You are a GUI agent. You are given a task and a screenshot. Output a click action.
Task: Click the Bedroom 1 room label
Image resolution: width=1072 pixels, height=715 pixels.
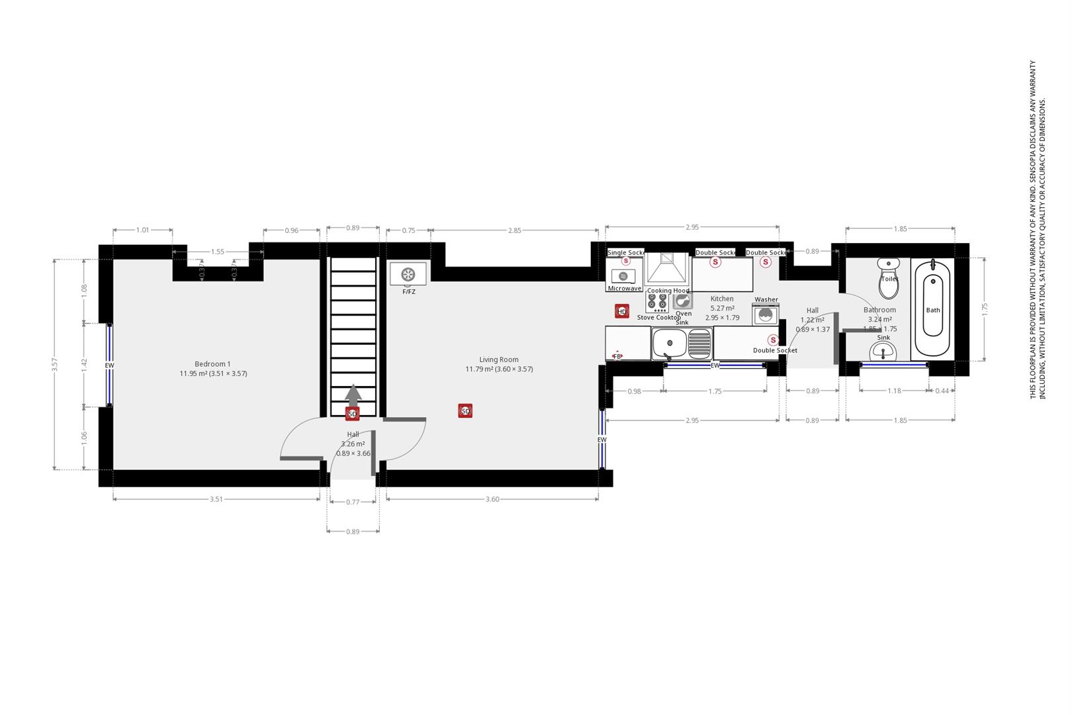[x=212, y=364]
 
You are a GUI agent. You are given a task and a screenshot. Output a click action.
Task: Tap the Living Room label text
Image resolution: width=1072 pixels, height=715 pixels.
[x=499, y=359]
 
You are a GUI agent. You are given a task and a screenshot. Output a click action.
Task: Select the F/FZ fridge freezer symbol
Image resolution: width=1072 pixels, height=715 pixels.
[x=408, y=273]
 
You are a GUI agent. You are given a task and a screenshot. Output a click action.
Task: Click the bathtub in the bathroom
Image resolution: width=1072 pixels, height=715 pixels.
[x=932, y=309]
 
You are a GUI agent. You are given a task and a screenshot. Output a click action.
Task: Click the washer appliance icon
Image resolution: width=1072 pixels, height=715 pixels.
[x=766, y=314]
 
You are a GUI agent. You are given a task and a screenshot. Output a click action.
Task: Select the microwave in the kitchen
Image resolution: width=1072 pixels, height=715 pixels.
[x=623, y=275]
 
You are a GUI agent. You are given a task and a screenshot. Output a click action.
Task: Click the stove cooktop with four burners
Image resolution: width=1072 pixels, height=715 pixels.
[x=657, y=302]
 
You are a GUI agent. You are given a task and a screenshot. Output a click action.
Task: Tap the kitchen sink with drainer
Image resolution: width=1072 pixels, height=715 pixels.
[x=682, y=344]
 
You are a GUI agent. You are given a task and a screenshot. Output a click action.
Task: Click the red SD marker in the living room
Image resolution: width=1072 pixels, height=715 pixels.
[x=465, y=411]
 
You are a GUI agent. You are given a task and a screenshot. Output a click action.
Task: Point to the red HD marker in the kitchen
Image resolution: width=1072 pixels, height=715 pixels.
[x=621, y=311]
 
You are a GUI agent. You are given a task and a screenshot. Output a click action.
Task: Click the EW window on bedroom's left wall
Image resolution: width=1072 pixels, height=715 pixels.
[x=109, y=365]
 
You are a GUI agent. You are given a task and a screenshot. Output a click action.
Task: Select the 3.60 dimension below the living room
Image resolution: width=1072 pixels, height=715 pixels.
[x=492, y=499]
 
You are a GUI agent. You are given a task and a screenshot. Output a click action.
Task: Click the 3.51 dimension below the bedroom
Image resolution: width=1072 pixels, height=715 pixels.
[x=216, y=499]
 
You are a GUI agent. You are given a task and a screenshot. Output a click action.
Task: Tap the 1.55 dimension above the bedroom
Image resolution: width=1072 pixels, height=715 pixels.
[x=218, y=252]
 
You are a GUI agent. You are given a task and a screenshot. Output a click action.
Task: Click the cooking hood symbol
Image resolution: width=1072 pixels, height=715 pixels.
[x=667, y=267]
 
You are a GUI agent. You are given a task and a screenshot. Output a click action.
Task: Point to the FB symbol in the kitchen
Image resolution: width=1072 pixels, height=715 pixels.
[x=617, y=356]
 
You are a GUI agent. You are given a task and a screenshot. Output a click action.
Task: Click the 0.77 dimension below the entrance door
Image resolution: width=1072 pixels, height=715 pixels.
[x=353, y=502]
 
